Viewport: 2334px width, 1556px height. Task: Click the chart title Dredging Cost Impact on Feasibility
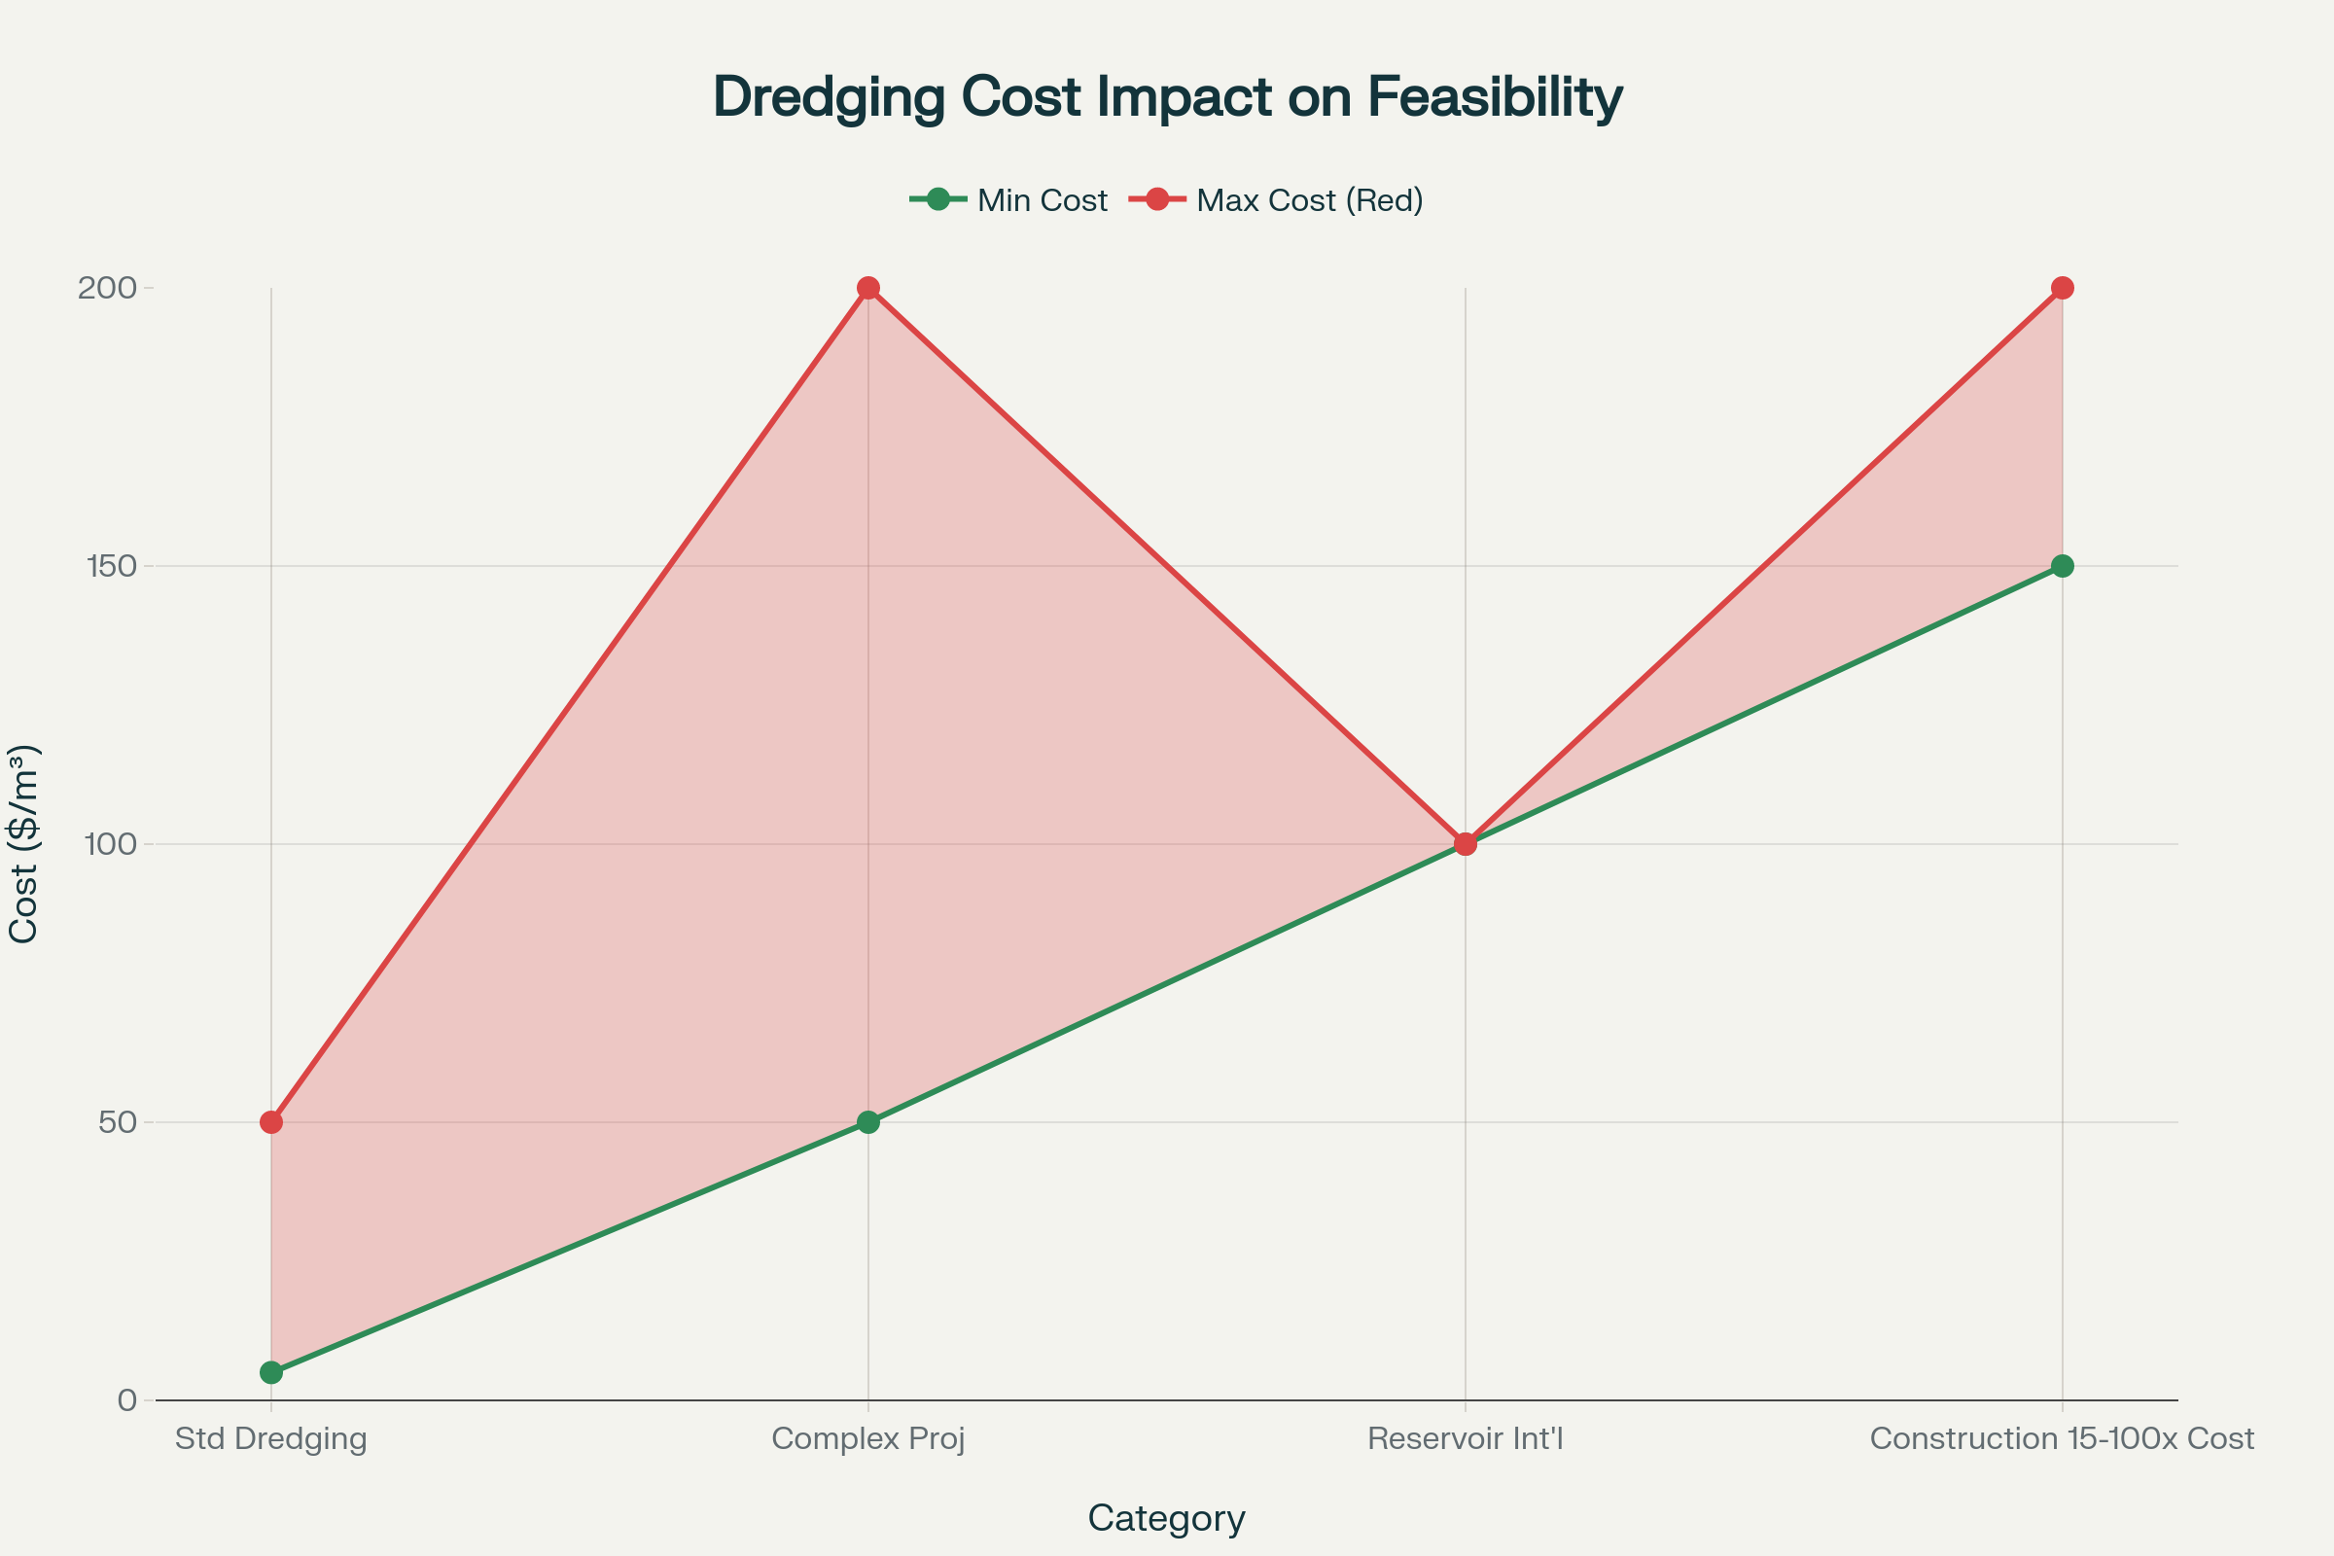(1167, 97)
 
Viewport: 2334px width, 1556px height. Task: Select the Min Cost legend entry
(1008, 200)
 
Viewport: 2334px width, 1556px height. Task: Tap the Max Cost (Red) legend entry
(1276, 200)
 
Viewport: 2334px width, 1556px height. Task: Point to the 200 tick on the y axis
(107, 288)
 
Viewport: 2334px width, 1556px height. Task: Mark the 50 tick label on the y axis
(117, 1122)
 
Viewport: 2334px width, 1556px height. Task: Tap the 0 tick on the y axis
(127, 1401)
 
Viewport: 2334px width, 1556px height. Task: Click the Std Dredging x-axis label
(271, 1439)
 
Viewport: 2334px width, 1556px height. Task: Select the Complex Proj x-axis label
(868, 1439)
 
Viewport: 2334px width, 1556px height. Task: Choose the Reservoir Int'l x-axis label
(1465, 1439)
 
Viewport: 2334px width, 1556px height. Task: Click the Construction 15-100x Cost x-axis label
(2062, 1439)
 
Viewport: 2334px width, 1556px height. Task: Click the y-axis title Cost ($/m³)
(23, 843)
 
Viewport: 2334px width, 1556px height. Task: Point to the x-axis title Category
(1166, 1518)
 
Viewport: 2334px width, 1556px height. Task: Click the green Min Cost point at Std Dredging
(271, 1372)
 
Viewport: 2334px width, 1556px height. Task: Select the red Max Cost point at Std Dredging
(271, 1122)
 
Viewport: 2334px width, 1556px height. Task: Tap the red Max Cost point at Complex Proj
(868, 288)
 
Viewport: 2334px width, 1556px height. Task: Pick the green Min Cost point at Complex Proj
(868, 1122)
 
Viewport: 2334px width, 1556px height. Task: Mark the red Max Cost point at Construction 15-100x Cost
(2062, 288)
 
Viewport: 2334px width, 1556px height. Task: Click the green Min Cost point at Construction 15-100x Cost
(2062, 567)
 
